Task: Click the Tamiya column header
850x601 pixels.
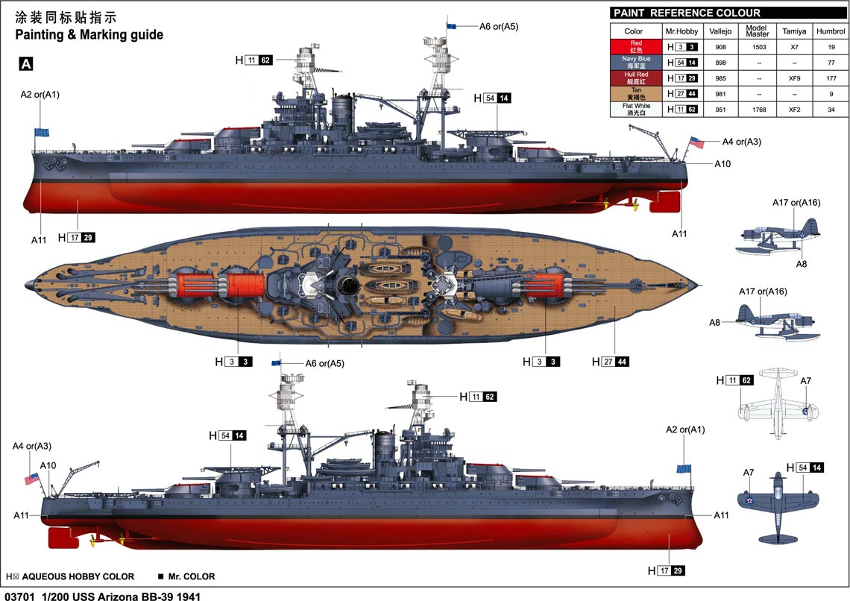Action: tap(793, 31)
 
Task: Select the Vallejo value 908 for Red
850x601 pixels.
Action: tap(720, 47)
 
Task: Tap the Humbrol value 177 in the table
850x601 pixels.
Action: tap(831, 78)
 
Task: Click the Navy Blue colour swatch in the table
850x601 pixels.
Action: tap(636, 63)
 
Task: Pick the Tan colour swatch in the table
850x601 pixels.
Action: tap(636, 94)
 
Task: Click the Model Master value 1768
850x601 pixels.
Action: tap(759, 110)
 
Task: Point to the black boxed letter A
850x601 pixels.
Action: tap(26, 64)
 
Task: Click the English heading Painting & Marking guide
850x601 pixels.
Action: tap(89, 35)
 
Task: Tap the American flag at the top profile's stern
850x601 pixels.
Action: tap(696, 143)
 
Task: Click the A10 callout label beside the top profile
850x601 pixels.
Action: tap(722, 163)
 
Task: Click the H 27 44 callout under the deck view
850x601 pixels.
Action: tap(611, 362)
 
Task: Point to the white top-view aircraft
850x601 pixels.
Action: tap(778, 403)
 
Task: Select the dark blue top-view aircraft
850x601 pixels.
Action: tap(778, 508)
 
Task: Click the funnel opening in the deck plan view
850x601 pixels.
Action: tap(346, 285)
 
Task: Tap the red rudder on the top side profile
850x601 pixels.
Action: tap(664, 202)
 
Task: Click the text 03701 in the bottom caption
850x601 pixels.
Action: tap(18, 597)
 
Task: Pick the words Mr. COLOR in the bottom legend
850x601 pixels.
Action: tap(192, 576)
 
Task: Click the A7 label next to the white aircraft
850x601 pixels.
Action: tap(805, 381)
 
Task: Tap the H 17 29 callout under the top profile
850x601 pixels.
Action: tap(77, 237)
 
